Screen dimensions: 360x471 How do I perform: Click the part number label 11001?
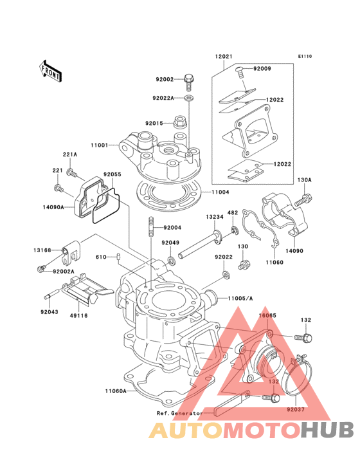pyautogui.click(x=99, y=145)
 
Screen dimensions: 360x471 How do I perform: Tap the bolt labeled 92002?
pyautogui.click(x=189, y=81)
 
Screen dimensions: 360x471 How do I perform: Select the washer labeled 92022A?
pyautogui.click(x=189, y=98)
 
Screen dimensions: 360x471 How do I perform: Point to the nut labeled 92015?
pyautogui.click(x=179, y=122)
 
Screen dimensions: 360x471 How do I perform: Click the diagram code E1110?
pyautogui.click(x=305, y=56)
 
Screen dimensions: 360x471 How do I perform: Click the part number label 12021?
pyautogui.click(x=224, y=57)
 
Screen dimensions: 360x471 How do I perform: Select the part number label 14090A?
pyautogui.click(x=53, y=207)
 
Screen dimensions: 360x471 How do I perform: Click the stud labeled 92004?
pyautogui.click(x=152, y=227)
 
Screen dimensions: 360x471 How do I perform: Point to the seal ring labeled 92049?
pyautogui.click(x=172, y=261)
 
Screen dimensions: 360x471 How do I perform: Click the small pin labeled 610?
pyautogui.click(x=118, y=257)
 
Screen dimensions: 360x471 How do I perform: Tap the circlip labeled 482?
pyautogui.click(x=234, y=230)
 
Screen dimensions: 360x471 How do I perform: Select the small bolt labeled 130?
pyautogui.click(x=244, y=264)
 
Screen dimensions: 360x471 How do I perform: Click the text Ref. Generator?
pyautogui.click(x=180, y=413)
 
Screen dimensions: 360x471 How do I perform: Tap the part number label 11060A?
pyautogui.click(x=116, y=391)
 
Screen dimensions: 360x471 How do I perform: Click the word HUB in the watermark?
pyautogui.click(x=328, y=430)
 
